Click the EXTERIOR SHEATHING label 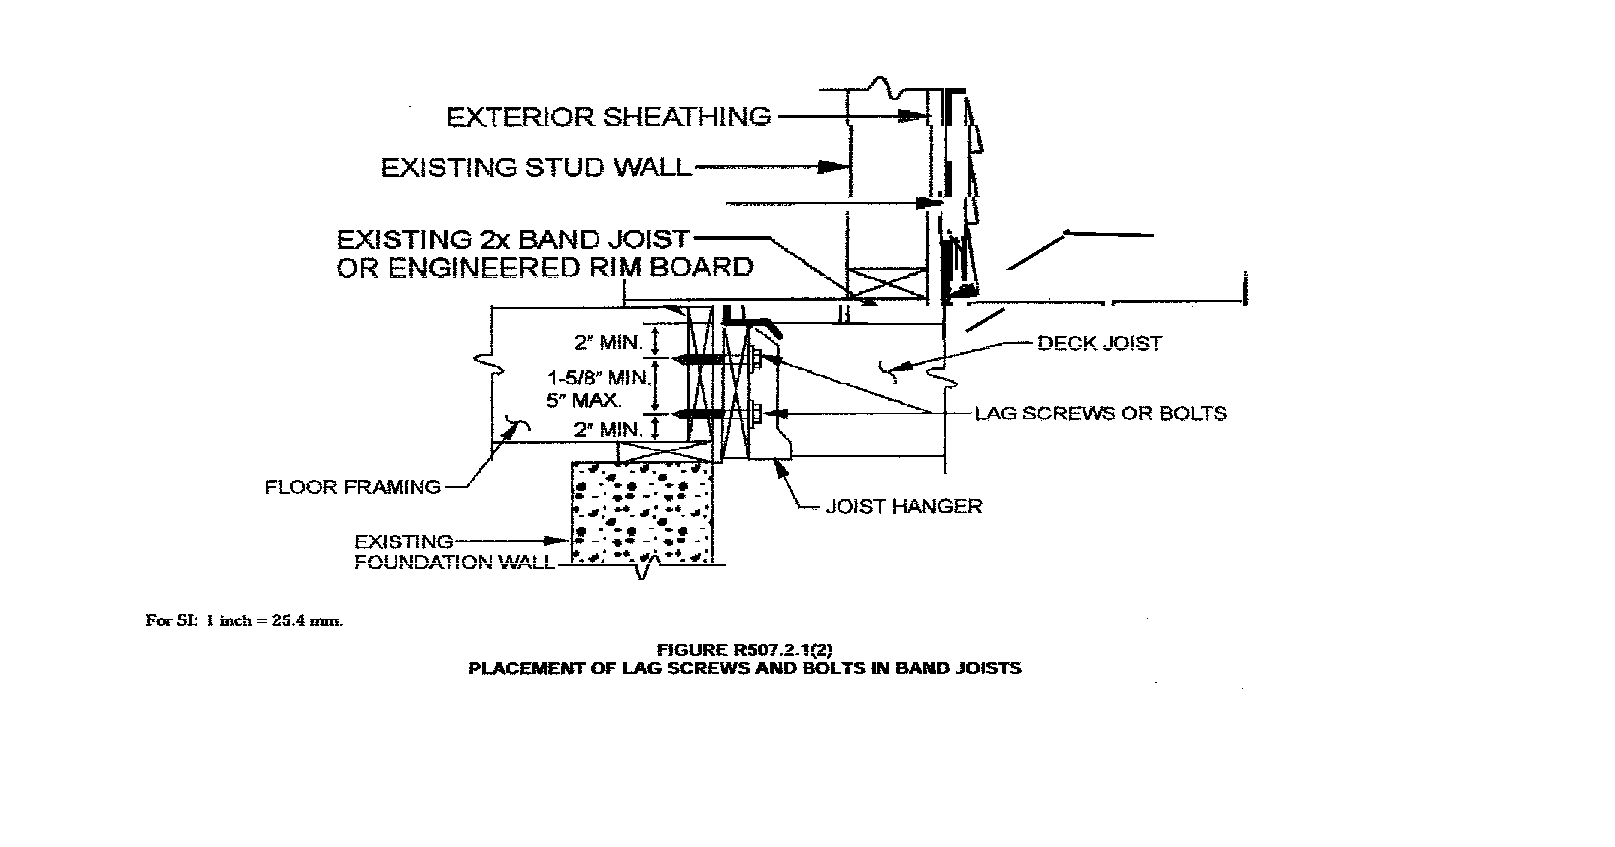608,117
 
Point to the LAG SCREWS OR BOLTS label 1100,413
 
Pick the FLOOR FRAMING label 352,487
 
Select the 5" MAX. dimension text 584,400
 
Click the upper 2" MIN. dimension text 608,343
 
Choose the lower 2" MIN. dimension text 608,430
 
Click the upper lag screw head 756,359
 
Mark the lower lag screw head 756,413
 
